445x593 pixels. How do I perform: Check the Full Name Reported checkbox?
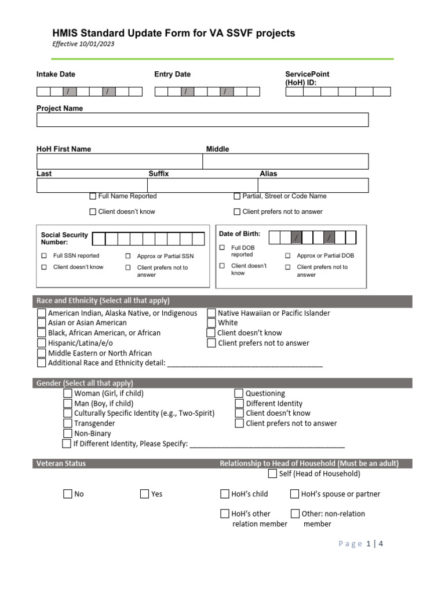93,196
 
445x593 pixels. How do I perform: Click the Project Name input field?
202,120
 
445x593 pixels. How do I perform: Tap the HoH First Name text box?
119,161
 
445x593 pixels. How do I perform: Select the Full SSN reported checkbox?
44,255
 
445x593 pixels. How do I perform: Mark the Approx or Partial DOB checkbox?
287,255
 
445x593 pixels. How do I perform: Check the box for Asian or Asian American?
41,323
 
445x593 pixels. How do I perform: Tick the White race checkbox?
211,323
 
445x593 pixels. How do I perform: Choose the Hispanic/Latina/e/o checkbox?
41,343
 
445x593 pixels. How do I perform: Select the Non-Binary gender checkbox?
68,433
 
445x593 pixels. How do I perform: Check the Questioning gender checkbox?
239,394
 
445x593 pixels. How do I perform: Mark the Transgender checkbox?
68,423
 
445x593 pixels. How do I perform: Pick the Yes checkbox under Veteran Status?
144,494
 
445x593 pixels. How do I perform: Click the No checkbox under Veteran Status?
68,494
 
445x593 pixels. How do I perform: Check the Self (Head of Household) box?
272,474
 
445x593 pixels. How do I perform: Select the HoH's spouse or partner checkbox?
294,494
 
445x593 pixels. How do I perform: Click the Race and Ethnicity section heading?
103,301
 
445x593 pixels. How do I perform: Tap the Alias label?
268,174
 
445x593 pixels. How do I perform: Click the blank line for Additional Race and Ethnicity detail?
244,364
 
